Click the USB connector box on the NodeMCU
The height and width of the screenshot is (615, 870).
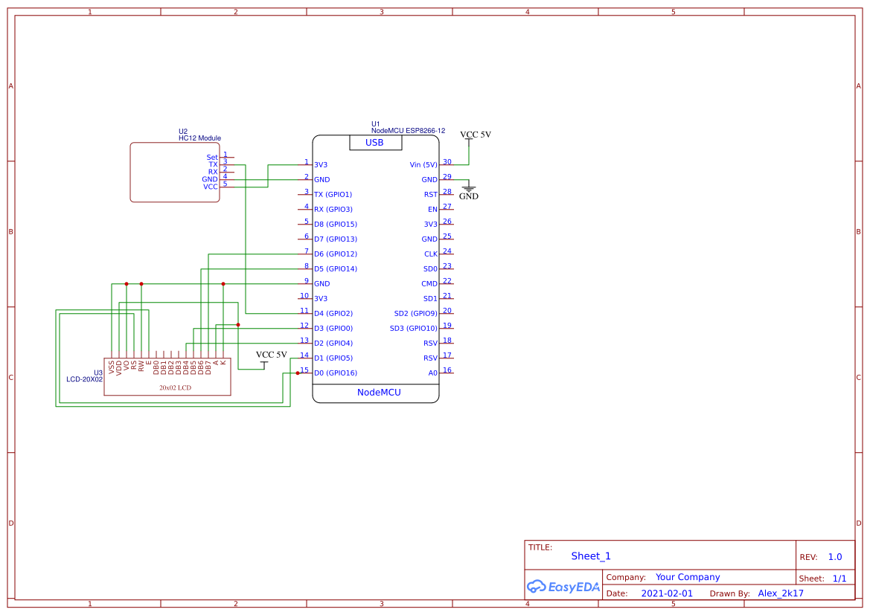(x=375, y=143)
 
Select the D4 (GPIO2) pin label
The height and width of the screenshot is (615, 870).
(x=333, y=314)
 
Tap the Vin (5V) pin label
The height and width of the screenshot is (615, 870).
(x=423, y=165)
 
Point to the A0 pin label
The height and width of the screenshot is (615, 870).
(x=432, y=373)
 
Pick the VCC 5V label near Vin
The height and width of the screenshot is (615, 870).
(x=476, y=135)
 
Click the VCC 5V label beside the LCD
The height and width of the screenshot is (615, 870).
(x=271, y=355)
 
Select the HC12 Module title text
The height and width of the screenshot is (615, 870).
(x=199, y=138)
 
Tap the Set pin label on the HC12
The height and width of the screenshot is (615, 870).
(x=212, y=158)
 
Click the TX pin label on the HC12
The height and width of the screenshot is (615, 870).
(x=213, y=165)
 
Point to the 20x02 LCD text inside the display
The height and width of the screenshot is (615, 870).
(x=175, y=387)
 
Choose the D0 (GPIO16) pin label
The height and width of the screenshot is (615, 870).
(x=336, y=373)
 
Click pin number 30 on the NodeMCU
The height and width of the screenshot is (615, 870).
(x=447, y=161)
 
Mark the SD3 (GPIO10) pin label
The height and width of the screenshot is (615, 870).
(x=414, y=329)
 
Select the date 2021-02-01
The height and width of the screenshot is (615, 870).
(x=667, y=593)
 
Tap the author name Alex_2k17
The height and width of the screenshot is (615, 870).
(x=781, y=593)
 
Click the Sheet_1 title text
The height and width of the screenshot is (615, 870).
(x=591, y=556)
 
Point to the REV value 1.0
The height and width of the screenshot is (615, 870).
(x=834, y=557)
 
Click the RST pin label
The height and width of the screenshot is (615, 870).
(x=431, y=195)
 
